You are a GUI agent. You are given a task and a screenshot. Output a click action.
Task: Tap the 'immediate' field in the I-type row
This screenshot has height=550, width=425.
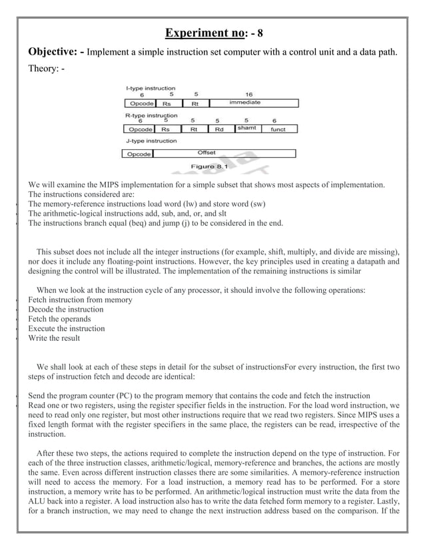pyautogui.click(x=247, y=103)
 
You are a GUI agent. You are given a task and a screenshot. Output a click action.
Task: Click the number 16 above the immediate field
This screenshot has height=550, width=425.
pyautogui.click(x=248, y=95)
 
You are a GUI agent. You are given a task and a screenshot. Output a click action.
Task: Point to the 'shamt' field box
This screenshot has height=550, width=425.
pyautogui.click(x=246, y=129)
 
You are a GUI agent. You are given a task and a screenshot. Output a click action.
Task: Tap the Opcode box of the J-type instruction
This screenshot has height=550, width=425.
pyautogui.click(x=138, y=154)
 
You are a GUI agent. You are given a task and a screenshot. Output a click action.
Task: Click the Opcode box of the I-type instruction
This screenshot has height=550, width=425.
pyautogui.click(x=139, y=104)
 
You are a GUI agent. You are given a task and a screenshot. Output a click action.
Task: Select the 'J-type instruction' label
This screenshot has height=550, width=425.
pyautogui.click(x=151, y=141)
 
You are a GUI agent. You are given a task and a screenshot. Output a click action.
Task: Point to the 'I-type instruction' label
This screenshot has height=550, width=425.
pyautogui.click(x=151, y=88)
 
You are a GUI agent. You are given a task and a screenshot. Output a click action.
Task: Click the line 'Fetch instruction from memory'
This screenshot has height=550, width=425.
pyautogui.click(x=80, y=300)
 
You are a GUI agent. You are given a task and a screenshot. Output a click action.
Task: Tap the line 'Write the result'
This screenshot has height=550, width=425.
pyautogui.click(x=54, y=338)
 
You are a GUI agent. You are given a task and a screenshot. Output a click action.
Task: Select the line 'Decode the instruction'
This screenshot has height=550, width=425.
pyautogui.click(x=66, y=310)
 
